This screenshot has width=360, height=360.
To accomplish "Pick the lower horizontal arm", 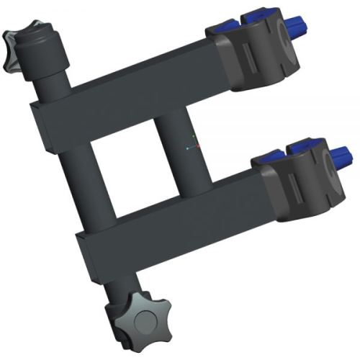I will click(173, 216).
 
